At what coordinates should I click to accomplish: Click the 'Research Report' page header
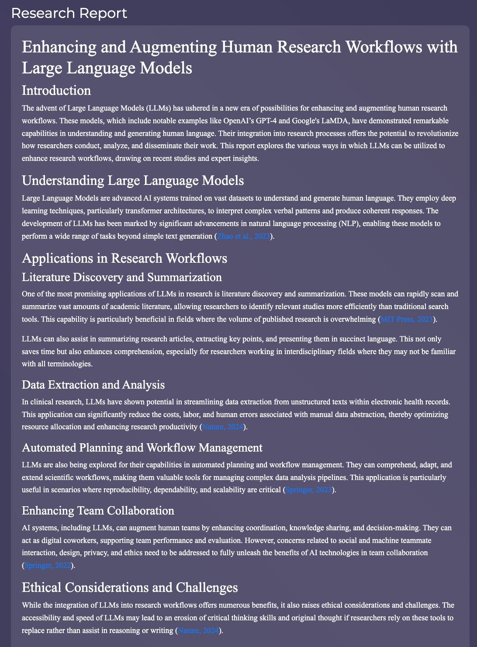[x=69, y=13]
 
